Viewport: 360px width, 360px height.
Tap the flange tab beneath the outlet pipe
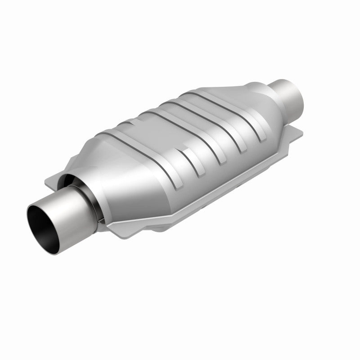(x=295, y=130)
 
